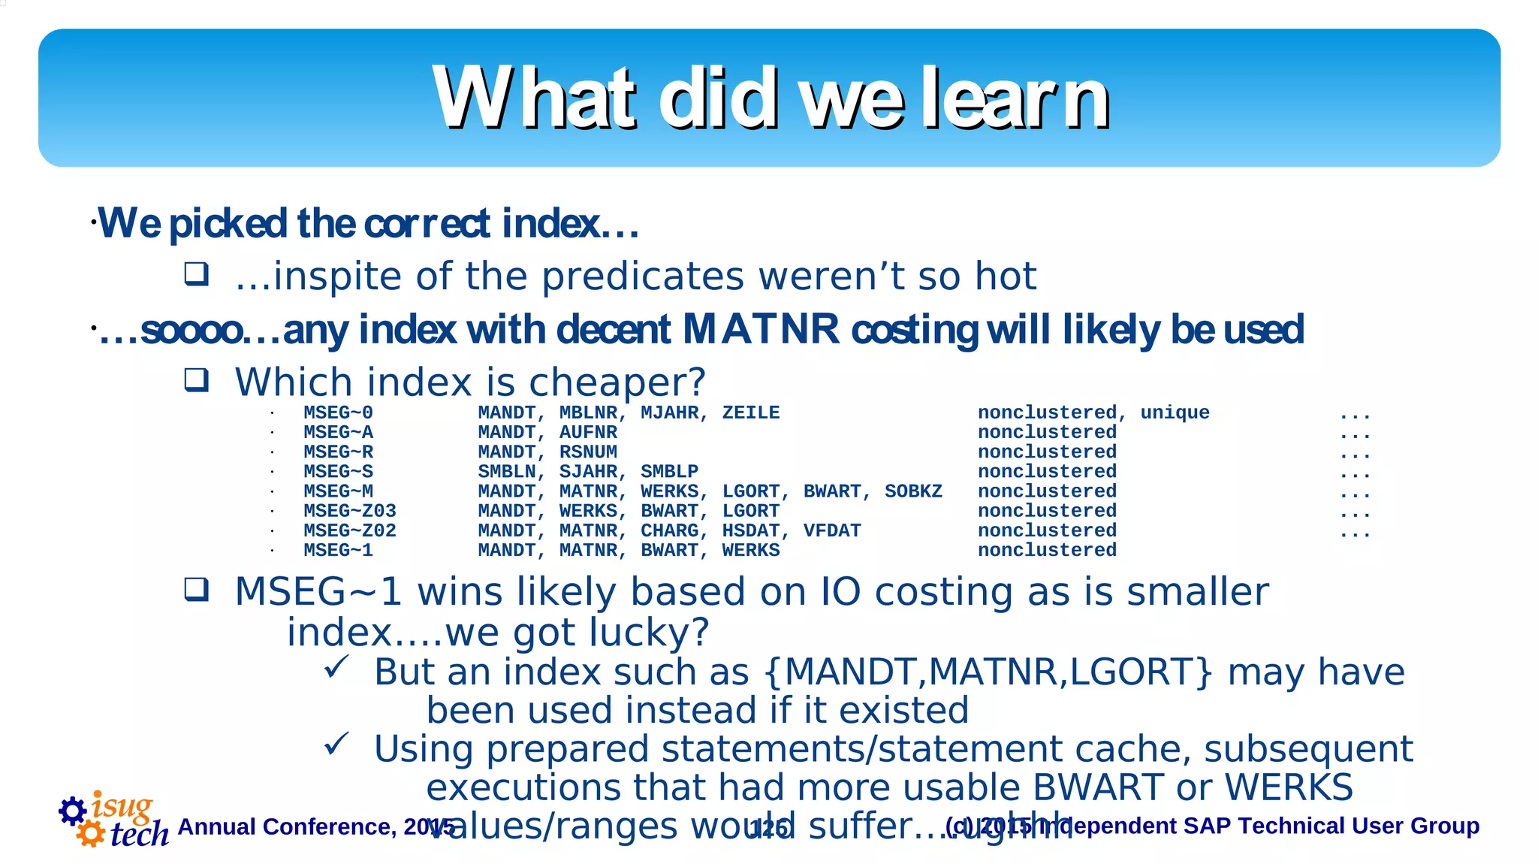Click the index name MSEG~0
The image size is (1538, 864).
338,412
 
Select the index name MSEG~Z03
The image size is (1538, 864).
349,511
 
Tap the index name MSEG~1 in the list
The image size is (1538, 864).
338,550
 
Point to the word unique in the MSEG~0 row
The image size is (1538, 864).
1175,412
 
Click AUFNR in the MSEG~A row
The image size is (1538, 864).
588,432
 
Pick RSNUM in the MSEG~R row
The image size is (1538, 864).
588,452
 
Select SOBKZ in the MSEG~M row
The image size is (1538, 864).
913,491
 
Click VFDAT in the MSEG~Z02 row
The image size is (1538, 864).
831,530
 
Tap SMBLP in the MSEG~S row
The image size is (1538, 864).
669,472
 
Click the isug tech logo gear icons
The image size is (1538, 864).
81,821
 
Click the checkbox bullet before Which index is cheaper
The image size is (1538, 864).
197,380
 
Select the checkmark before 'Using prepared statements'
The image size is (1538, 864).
336,744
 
